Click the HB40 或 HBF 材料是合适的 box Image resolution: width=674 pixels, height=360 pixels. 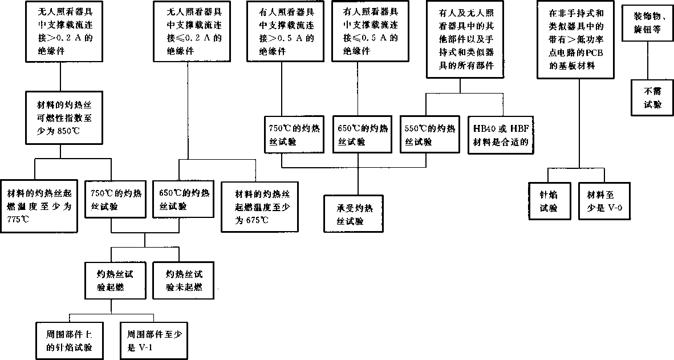pos(500,135)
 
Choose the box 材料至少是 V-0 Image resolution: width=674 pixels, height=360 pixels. pos(604,201)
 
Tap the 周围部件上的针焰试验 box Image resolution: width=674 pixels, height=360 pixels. pos(69,340)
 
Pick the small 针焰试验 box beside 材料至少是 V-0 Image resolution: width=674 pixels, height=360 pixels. pos(548,201)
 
